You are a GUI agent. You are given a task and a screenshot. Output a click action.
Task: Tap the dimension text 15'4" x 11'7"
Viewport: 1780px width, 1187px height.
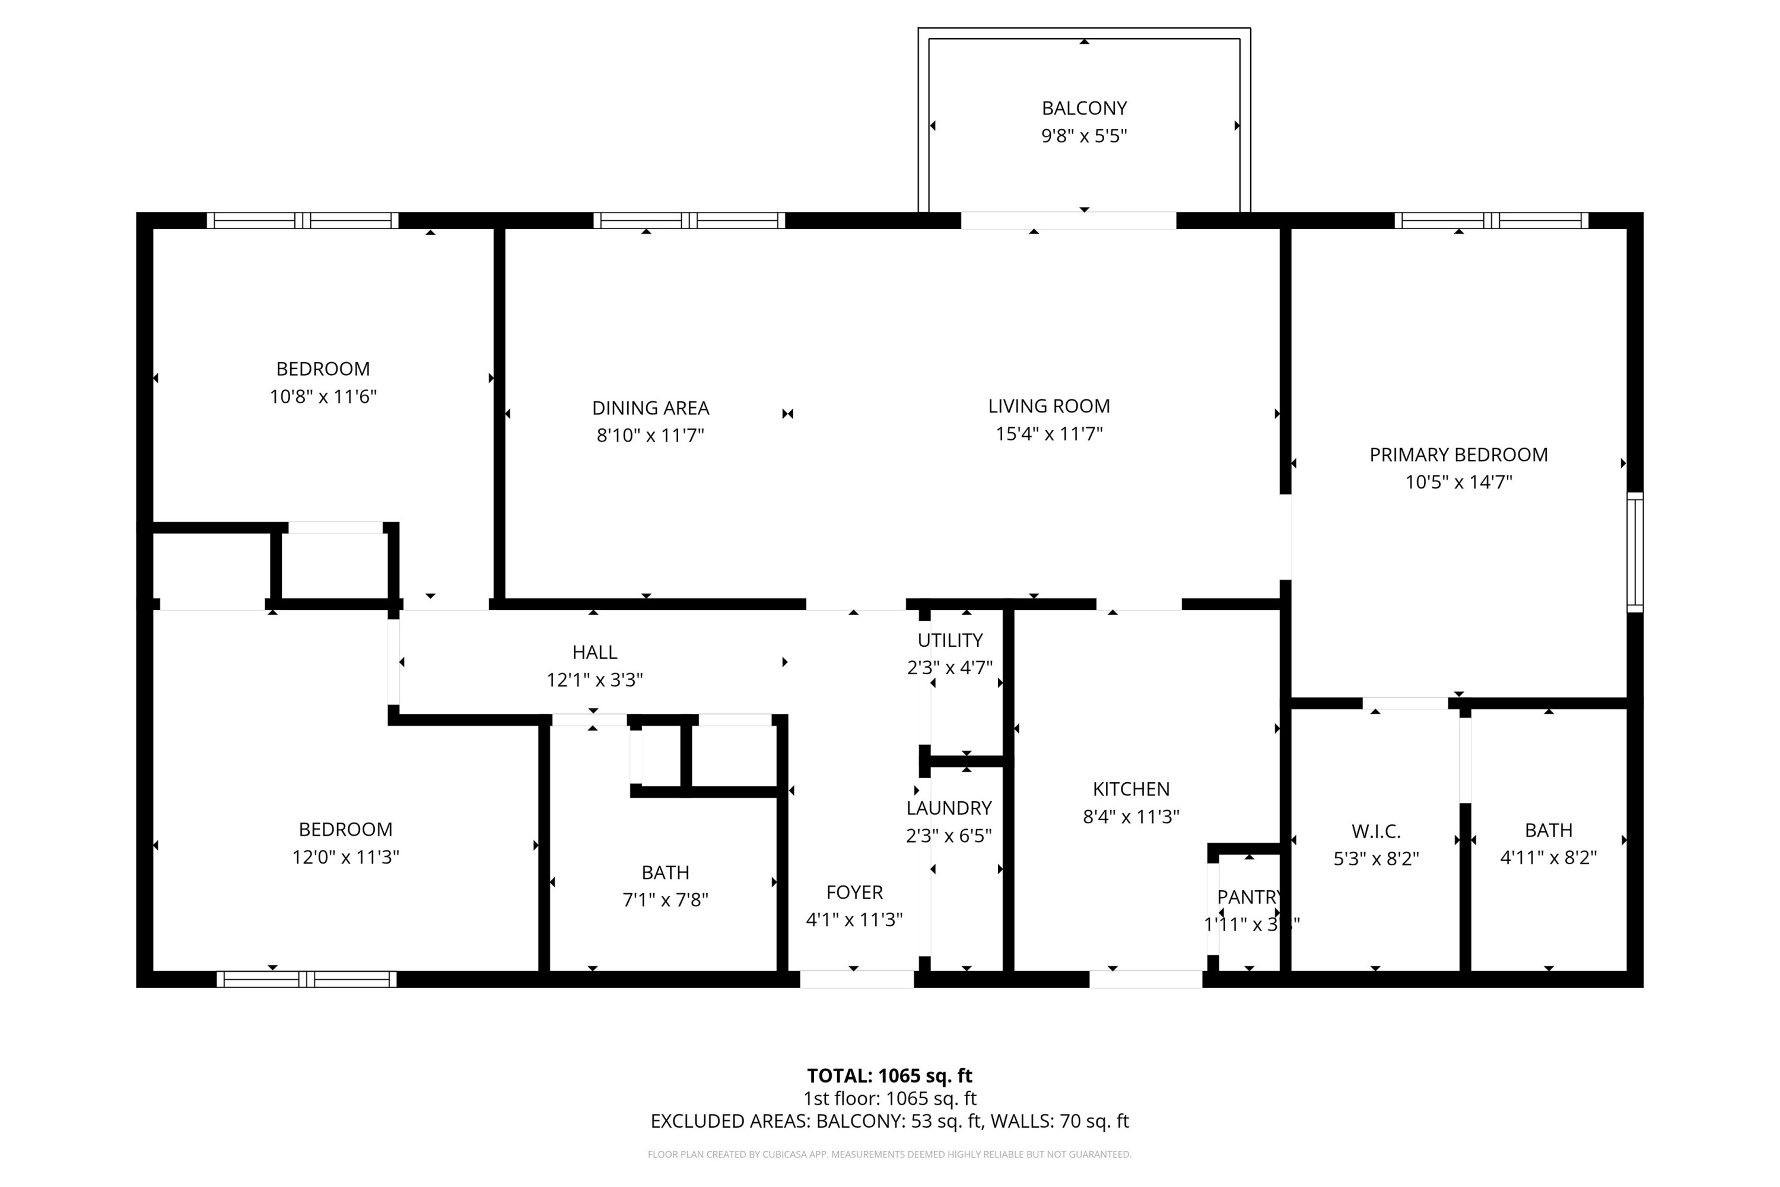point(1049,434)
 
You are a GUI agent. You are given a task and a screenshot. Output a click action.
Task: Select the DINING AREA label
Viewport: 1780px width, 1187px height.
point(650,408)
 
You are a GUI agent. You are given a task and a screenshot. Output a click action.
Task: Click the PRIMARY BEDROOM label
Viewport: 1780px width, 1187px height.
point(1458,455)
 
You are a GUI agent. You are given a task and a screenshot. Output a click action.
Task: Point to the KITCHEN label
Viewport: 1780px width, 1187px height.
point(1131,789)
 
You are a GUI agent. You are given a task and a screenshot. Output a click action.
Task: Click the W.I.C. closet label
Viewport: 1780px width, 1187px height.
point(1376,831)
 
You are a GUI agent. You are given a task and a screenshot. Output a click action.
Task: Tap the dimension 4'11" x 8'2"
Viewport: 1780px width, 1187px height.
point(1549,858)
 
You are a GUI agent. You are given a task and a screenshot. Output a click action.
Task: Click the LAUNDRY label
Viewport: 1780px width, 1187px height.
point(949,808)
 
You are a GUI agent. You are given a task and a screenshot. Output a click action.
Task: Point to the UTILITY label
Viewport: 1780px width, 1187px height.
point(950,640)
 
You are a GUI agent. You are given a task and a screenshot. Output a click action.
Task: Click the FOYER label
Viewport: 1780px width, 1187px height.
point(854,893)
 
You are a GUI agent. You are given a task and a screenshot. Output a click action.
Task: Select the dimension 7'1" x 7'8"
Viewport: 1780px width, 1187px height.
point(665,900)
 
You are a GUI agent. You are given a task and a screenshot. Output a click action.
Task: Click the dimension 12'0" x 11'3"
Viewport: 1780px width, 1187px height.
point(346,857)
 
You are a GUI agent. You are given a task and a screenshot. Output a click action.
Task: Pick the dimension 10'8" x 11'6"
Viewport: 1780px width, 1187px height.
point(323,396)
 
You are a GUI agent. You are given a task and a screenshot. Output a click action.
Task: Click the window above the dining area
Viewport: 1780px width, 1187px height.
point(689,220)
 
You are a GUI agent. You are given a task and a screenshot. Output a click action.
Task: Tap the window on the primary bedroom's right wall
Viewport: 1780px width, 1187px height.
point(1635,552)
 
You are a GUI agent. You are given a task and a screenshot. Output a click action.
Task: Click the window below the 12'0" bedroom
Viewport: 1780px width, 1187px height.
point(307,980)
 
